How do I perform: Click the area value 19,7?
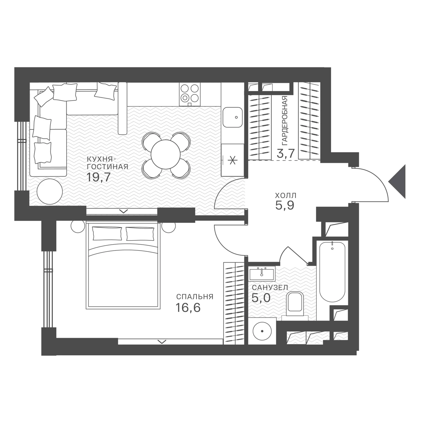[x=98, y=177]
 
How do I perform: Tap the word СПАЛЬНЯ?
[x=195, y=297]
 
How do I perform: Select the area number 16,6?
[x=188, y=307]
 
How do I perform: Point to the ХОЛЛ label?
[x=286, y=195]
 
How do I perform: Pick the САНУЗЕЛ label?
[x=270, y=288]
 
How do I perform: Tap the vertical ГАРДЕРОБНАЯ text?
[x=285, y=121]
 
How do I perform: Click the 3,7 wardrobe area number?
[x=286, y=153]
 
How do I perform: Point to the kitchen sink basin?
[x=233, y=117]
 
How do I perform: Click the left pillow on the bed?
[x=107, y=234]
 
